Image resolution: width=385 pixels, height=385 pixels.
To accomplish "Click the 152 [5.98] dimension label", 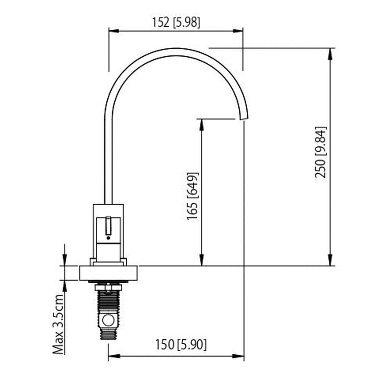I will [x=176, y=22].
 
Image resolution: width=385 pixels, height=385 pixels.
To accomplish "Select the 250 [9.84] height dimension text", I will [x=320, y=152].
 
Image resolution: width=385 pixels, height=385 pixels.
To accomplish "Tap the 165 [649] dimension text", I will [x=192, y=196].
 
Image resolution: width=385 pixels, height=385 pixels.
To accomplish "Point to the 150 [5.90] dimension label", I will [x=181, y=345].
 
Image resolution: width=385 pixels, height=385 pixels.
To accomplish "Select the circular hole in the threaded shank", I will [x=108, y=320].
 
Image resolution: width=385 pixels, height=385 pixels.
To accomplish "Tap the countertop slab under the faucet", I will [x=108, y=273].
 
